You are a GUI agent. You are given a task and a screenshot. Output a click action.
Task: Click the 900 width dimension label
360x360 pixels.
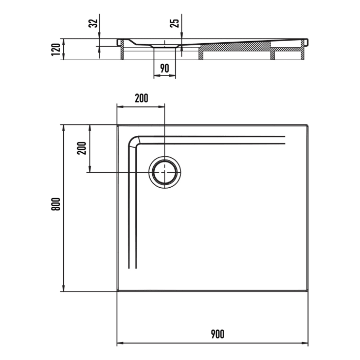(217, 334)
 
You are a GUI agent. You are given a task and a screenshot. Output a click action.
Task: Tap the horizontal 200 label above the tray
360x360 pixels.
(141, 98)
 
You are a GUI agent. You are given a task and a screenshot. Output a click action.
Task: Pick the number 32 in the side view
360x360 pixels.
(93, 23)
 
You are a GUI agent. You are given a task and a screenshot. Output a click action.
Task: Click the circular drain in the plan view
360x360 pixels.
(165, 172)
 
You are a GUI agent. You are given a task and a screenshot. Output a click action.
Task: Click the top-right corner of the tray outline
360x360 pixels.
(308, 124)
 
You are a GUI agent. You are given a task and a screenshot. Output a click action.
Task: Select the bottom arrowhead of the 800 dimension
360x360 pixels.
(64, 289)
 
